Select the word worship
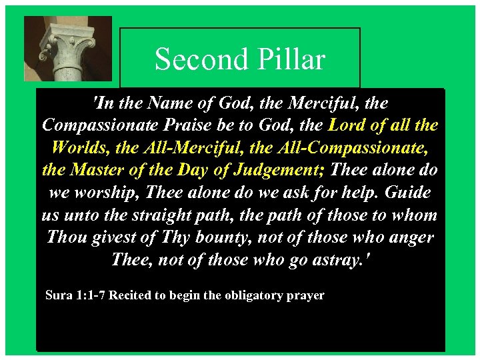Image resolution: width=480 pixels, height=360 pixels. coord(109,193)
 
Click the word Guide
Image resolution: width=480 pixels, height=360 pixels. coord(403,193)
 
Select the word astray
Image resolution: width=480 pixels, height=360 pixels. coord(333,259)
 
